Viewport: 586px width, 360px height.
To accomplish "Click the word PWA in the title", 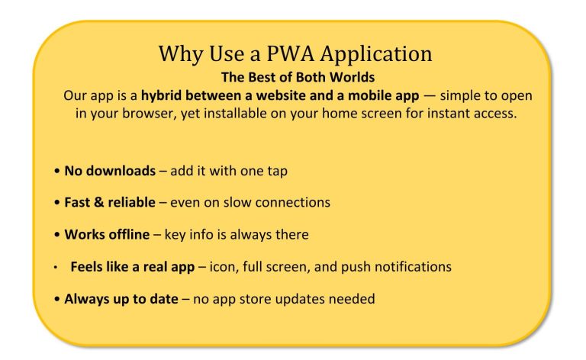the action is pos(291,53).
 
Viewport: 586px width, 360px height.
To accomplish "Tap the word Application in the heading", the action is pos(376,54).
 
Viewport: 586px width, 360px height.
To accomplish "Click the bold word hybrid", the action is pos(161,96).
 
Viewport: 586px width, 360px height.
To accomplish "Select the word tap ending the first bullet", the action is pos(277,172).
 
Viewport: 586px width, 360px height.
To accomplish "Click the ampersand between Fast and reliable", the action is pos(98,202).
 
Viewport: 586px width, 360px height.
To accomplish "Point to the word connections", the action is pos(293,202).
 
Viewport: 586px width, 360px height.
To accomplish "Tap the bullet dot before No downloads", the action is pos(56,172).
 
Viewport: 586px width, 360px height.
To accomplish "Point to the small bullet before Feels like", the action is pos(55,268).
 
